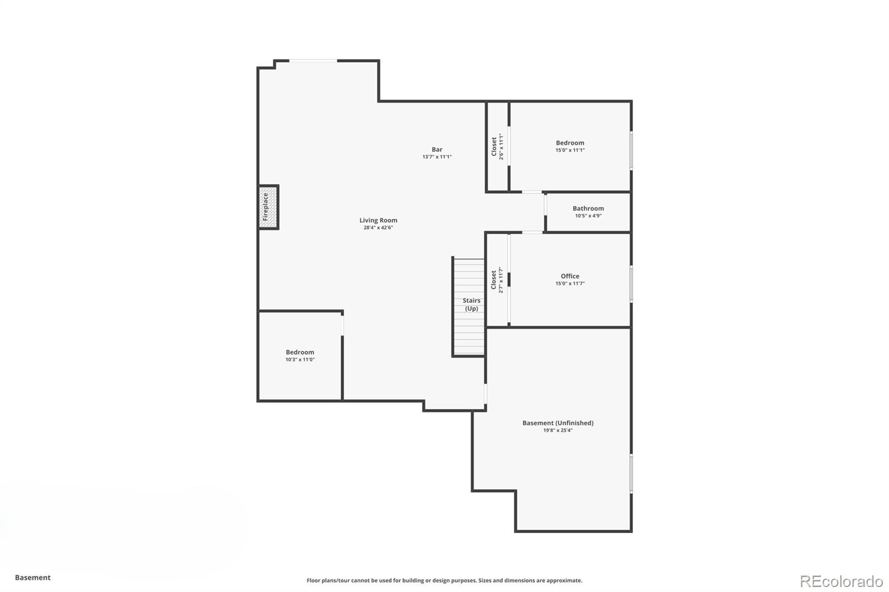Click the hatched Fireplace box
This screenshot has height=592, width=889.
(267, 207)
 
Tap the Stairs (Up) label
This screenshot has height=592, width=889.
(471, 304)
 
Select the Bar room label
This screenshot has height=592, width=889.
(437, 149)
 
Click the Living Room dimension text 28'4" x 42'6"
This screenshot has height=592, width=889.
(378, 228)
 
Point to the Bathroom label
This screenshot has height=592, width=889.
(588, 208)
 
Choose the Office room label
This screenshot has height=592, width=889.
(570, 276)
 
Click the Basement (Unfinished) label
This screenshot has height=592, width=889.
(557, 423)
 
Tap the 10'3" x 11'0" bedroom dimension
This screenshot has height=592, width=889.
(300, 360)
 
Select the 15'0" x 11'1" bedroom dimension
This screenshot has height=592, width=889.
(570, 150)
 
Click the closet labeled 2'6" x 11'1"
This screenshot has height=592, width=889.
(497, 147)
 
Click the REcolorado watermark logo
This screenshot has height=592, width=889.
(841, 581)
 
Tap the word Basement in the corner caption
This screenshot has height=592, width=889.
(32, 578)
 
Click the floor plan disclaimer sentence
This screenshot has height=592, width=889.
(444, 580)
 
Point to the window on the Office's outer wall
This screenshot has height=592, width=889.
(631, 284)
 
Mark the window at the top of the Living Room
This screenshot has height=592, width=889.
(312, 61)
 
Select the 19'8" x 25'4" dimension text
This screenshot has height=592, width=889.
(557, 430)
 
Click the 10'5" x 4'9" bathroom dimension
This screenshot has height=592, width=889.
(588, 216)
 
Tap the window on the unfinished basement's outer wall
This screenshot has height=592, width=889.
(631, 473)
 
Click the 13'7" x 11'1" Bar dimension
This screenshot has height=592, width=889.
(437, 157)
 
